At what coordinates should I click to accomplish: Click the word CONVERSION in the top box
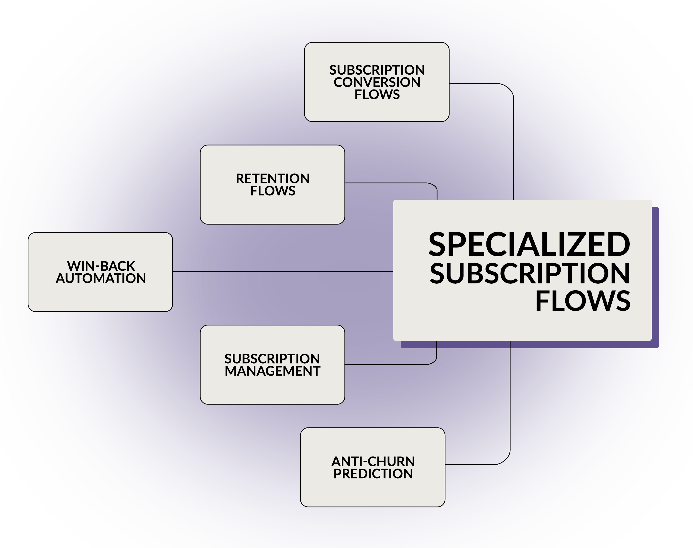[x=377, y=82]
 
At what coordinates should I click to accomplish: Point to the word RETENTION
[x=273, y=179]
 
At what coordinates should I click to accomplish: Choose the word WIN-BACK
[x=101, y=266]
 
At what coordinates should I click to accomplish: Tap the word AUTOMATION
[x=101, y=278]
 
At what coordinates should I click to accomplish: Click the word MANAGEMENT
[x=272, y=371]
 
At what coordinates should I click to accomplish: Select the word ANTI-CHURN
[x=373, y=461]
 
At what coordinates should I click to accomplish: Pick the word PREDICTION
[x=373, y=474]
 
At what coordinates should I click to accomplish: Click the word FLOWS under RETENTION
[x=273, y=191]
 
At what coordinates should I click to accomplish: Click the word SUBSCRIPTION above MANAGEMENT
[x=272, y=359]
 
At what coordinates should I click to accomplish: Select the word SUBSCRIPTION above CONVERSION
[x=377, y=70]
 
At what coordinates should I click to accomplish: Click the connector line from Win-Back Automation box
[x=282, y=271]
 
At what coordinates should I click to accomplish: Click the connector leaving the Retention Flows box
[x=391, y=183]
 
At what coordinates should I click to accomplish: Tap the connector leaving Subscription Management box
[x=391, y=365]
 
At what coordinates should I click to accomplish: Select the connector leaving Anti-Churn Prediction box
[x=510, y=401]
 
